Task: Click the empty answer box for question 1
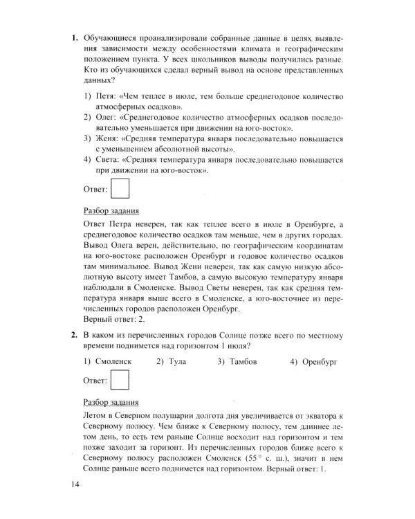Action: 120,188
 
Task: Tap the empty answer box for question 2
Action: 120,381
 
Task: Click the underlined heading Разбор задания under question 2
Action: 111,402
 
